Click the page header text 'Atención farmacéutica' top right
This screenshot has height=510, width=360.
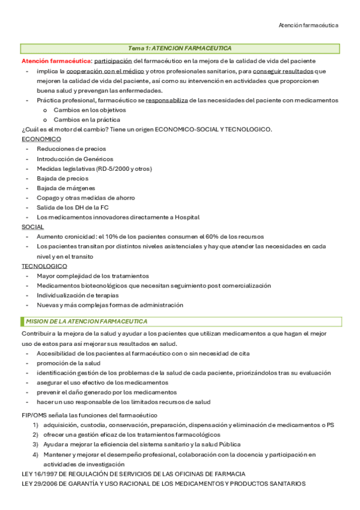[x=308, y=25]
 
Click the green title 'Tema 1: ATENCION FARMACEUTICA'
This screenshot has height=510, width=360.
[x=180, y=48]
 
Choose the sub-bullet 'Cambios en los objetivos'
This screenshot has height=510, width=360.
[x=90, y=110]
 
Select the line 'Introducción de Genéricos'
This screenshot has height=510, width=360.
[x=75, y=159]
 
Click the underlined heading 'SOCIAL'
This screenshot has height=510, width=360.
[x=32, y=227]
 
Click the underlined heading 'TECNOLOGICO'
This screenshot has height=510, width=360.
[x=44, y=266]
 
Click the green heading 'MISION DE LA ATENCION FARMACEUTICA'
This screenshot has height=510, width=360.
[x=86, y=322]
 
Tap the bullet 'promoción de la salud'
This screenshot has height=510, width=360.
[x=69, y=363]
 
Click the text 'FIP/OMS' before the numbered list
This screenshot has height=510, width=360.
[x=34, y=415]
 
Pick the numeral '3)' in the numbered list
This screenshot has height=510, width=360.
[x=35, y=444]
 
